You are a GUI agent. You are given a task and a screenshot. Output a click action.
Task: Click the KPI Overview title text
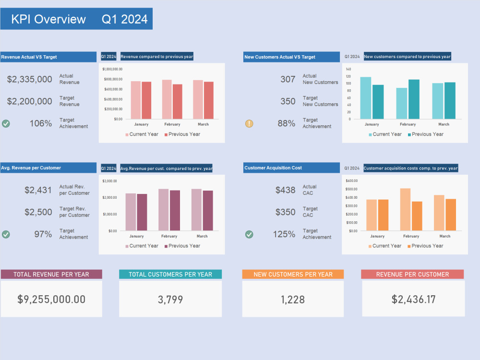(x=48, y=19)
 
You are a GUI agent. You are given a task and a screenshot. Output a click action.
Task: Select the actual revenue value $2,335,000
(x=30, y=79)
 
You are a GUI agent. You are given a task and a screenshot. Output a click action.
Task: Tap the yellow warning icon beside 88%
(x=249, y=123)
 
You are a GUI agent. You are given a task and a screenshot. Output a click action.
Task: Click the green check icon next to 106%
(x=6, y=123)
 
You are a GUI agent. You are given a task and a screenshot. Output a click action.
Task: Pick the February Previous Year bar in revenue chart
(x=178, y=102)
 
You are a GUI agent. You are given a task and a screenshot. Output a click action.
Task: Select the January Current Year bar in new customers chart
(x=366, y=98)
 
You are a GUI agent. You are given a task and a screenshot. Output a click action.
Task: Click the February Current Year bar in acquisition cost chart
(x=406, y=209)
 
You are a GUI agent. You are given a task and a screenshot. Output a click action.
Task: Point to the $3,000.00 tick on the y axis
(x=110, y=181)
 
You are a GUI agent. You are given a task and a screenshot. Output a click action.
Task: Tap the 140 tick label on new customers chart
(x=348, y=69)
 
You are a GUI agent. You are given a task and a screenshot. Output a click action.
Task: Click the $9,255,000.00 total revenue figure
(x=51, y=300)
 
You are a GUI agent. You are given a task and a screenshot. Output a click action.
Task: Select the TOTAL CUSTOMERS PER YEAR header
(x=170, y=275)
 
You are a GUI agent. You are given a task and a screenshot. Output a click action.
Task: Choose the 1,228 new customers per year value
(x=293, y=300)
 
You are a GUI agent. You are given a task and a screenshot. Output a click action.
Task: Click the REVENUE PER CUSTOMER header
(x=413, y=275)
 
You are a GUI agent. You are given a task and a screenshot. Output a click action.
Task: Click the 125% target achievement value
(x=284, y=234)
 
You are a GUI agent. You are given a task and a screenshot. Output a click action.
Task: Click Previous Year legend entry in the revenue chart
(x=182, y=134)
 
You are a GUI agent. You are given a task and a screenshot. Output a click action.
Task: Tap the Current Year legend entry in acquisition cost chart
(x=384, y=246)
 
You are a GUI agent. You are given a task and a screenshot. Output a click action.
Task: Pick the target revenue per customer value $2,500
(x=38, y=212)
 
